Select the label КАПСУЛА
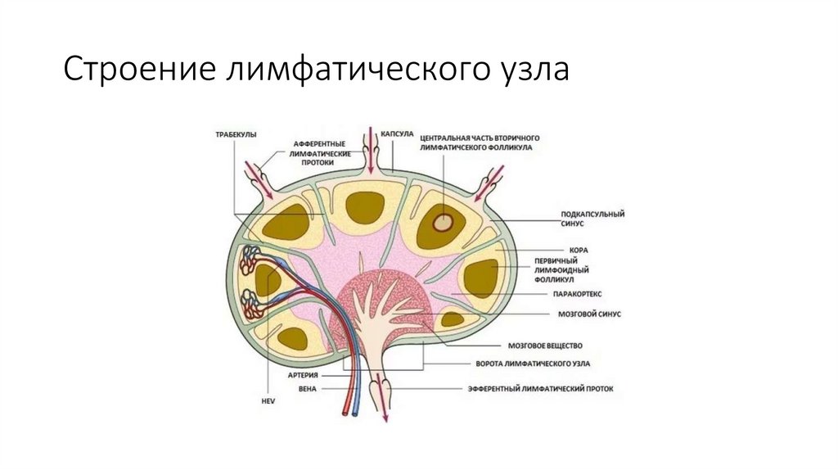click(399, 131)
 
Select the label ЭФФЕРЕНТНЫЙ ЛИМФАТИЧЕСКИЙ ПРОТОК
click(540, 388)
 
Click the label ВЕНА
click(308, 388)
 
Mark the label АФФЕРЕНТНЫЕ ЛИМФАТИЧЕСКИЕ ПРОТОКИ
click(323, 152)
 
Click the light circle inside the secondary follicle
click(443, 221)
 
